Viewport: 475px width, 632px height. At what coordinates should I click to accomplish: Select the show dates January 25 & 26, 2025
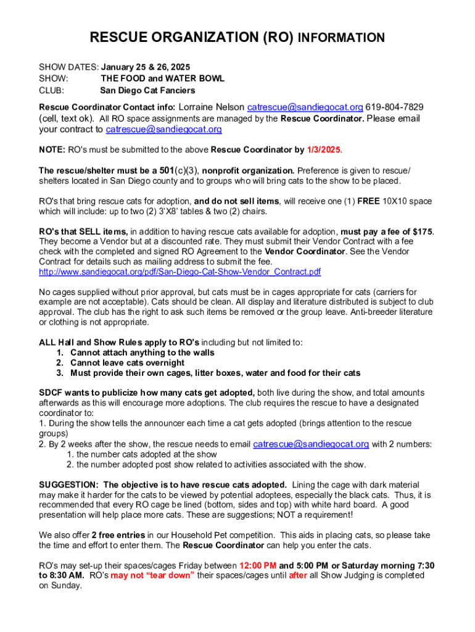click(146, 67)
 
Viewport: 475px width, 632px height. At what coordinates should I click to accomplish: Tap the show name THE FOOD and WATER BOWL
click(162, 78)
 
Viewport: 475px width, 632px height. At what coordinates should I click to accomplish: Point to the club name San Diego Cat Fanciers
click(147, 90)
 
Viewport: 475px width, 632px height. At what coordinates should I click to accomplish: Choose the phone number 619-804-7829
click(395, 107)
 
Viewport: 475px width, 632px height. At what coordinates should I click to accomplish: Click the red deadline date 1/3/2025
click(324, 149)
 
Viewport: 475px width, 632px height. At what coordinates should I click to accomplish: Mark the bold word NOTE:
click(52, 149)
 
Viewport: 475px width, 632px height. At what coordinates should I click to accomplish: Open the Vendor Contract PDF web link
click(180, 272)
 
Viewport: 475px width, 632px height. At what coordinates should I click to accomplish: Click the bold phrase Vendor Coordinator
click(305, 252)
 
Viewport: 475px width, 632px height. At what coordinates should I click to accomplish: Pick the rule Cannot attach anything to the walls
click(142, 352)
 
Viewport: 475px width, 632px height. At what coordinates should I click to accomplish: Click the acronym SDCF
click(51, 393)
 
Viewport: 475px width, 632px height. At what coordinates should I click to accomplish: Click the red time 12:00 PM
click(258, 565)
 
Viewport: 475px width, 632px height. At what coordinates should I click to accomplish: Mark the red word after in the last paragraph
click(298, 575)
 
